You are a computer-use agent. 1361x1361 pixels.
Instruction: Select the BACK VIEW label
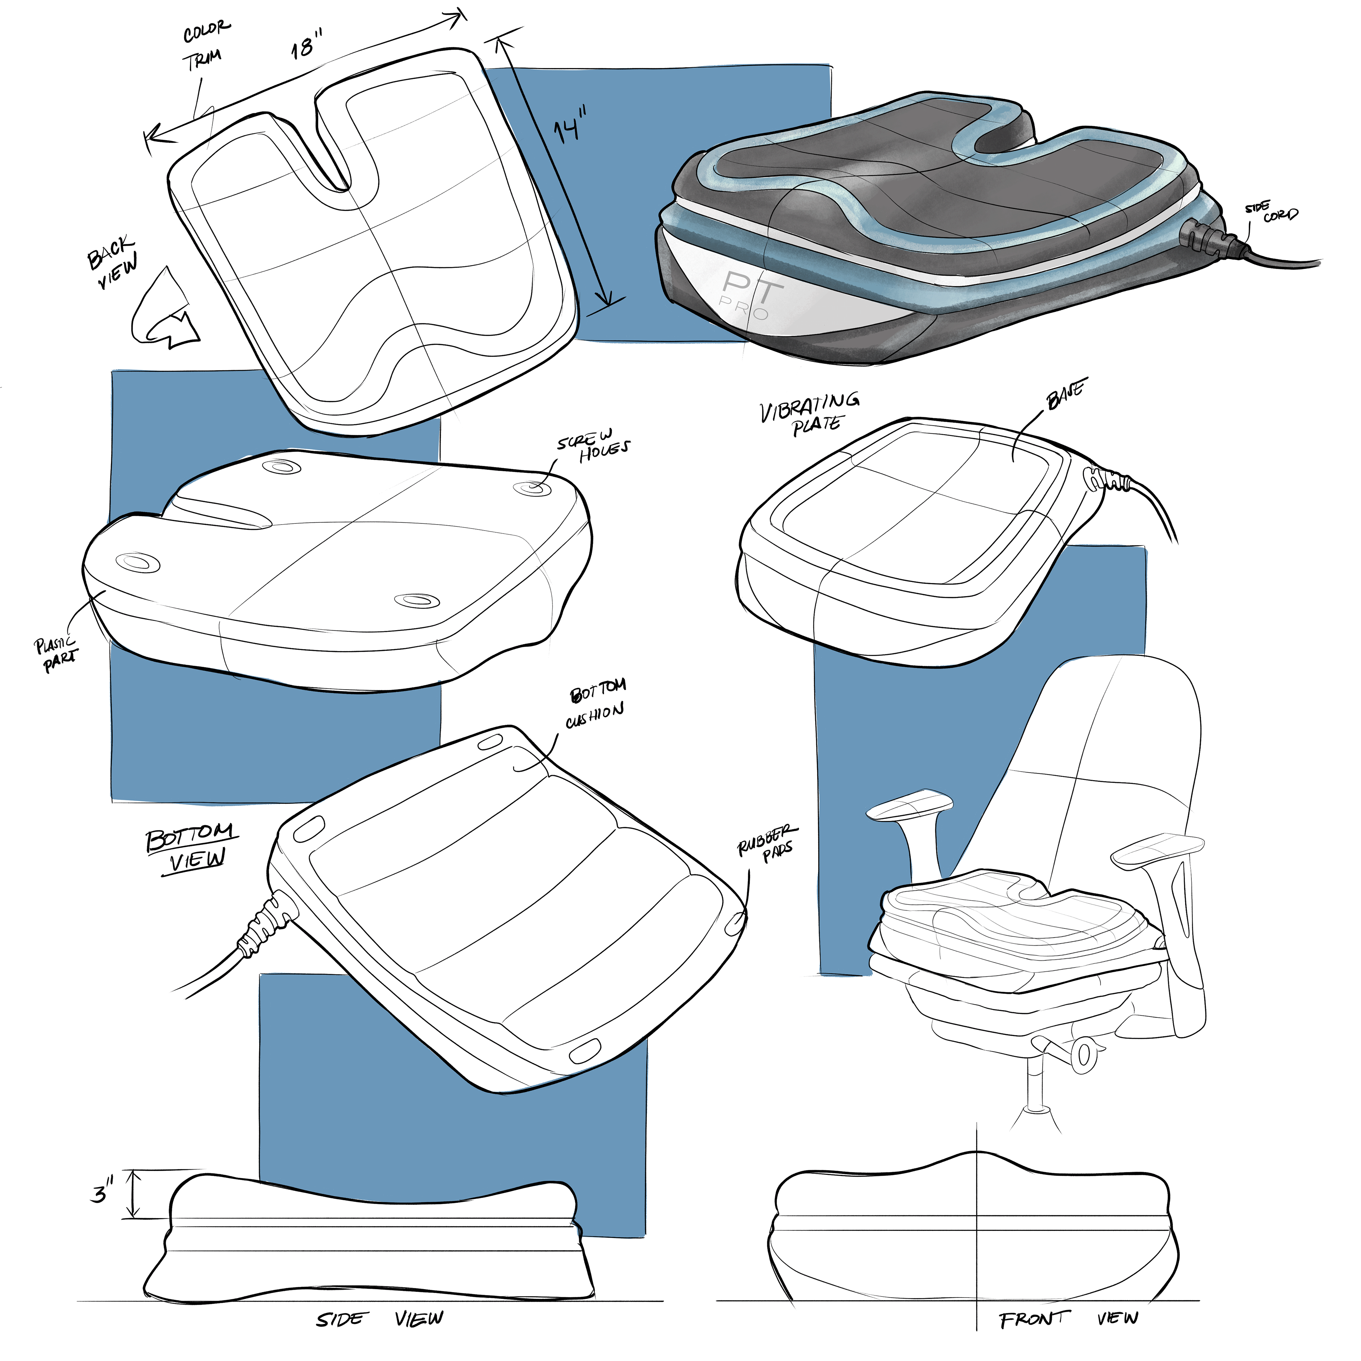(x=113, y=261)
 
